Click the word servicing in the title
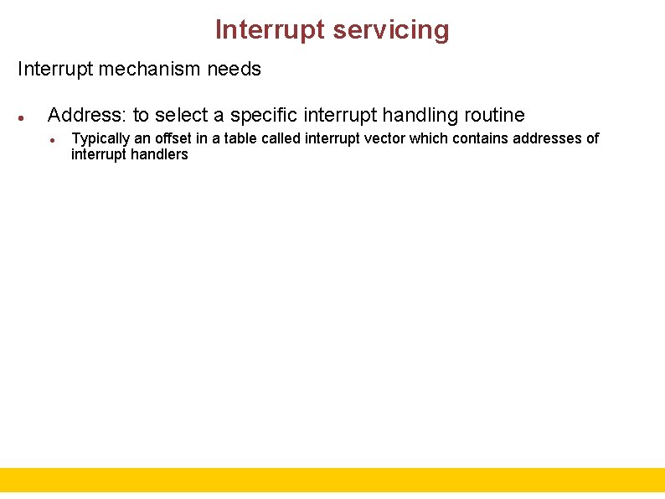(x=390, y=30)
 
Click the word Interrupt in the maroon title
(x=270, y=30)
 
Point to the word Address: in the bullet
(x=87, y=115)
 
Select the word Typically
(x=101, y=138)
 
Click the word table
(x=240, y=138)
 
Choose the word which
(x=429, y=138)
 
